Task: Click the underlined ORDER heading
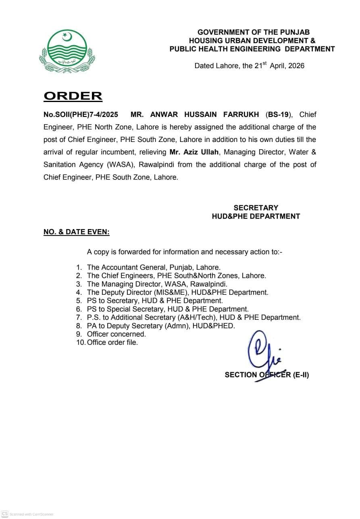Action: [73, 96]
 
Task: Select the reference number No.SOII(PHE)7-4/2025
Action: [81, 115]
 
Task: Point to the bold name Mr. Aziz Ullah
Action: [194, 152]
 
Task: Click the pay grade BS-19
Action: [279, 115]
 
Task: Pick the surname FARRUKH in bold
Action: [241, 115]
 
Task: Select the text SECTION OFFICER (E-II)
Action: [267, 375]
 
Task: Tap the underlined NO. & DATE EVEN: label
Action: [77, 232]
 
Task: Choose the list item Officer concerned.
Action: [117, 334]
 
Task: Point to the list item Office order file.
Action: [112, 342]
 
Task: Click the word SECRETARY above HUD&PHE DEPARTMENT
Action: [256, 208]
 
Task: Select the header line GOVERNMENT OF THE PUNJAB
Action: [254, 32]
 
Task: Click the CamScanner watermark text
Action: [31, 514]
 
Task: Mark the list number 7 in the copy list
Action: [79, 317]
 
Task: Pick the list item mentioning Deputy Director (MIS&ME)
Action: [177, 292]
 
